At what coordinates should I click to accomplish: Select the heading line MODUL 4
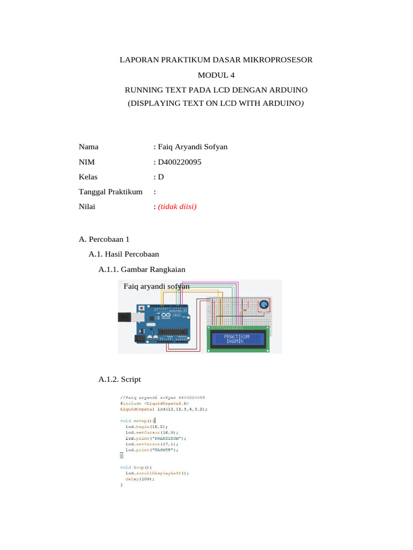click(216, 75)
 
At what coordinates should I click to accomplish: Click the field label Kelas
click(88, 176)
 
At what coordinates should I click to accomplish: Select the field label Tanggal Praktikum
click(110, 191)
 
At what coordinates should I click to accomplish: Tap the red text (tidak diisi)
click(177, 206)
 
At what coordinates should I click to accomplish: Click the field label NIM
click(87, 162)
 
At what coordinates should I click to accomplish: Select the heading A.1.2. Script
click(119, 379)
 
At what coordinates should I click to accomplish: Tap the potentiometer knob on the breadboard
click(264, 305)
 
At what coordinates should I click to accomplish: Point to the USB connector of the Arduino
click(125, 317)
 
